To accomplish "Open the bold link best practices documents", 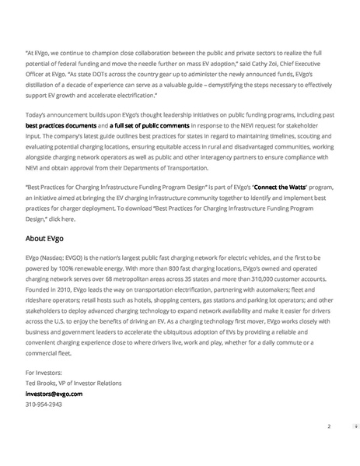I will point(61,124).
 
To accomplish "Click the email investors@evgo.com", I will point(54,394).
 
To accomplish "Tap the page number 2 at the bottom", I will point(329,426).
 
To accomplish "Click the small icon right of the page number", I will point(356,426).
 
